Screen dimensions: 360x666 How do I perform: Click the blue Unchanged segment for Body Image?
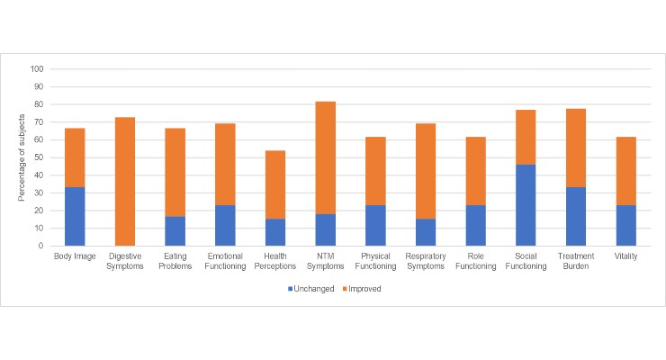coord(68,216)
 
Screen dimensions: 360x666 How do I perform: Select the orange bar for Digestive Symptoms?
coord(120,181)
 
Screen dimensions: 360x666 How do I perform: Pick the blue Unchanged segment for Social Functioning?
coord(524,204)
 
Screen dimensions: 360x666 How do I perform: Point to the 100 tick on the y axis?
coord(36,68)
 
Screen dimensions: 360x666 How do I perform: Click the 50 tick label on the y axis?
coord(38,157)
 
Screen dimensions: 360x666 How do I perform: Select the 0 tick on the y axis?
coord(40,246)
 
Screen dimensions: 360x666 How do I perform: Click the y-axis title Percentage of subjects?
coord(21,157)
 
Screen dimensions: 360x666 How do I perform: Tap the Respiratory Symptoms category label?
coord(422,260)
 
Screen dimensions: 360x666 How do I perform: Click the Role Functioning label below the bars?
coord(473,260)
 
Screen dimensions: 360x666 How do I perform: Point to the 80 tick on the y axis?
coord(38,103)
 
